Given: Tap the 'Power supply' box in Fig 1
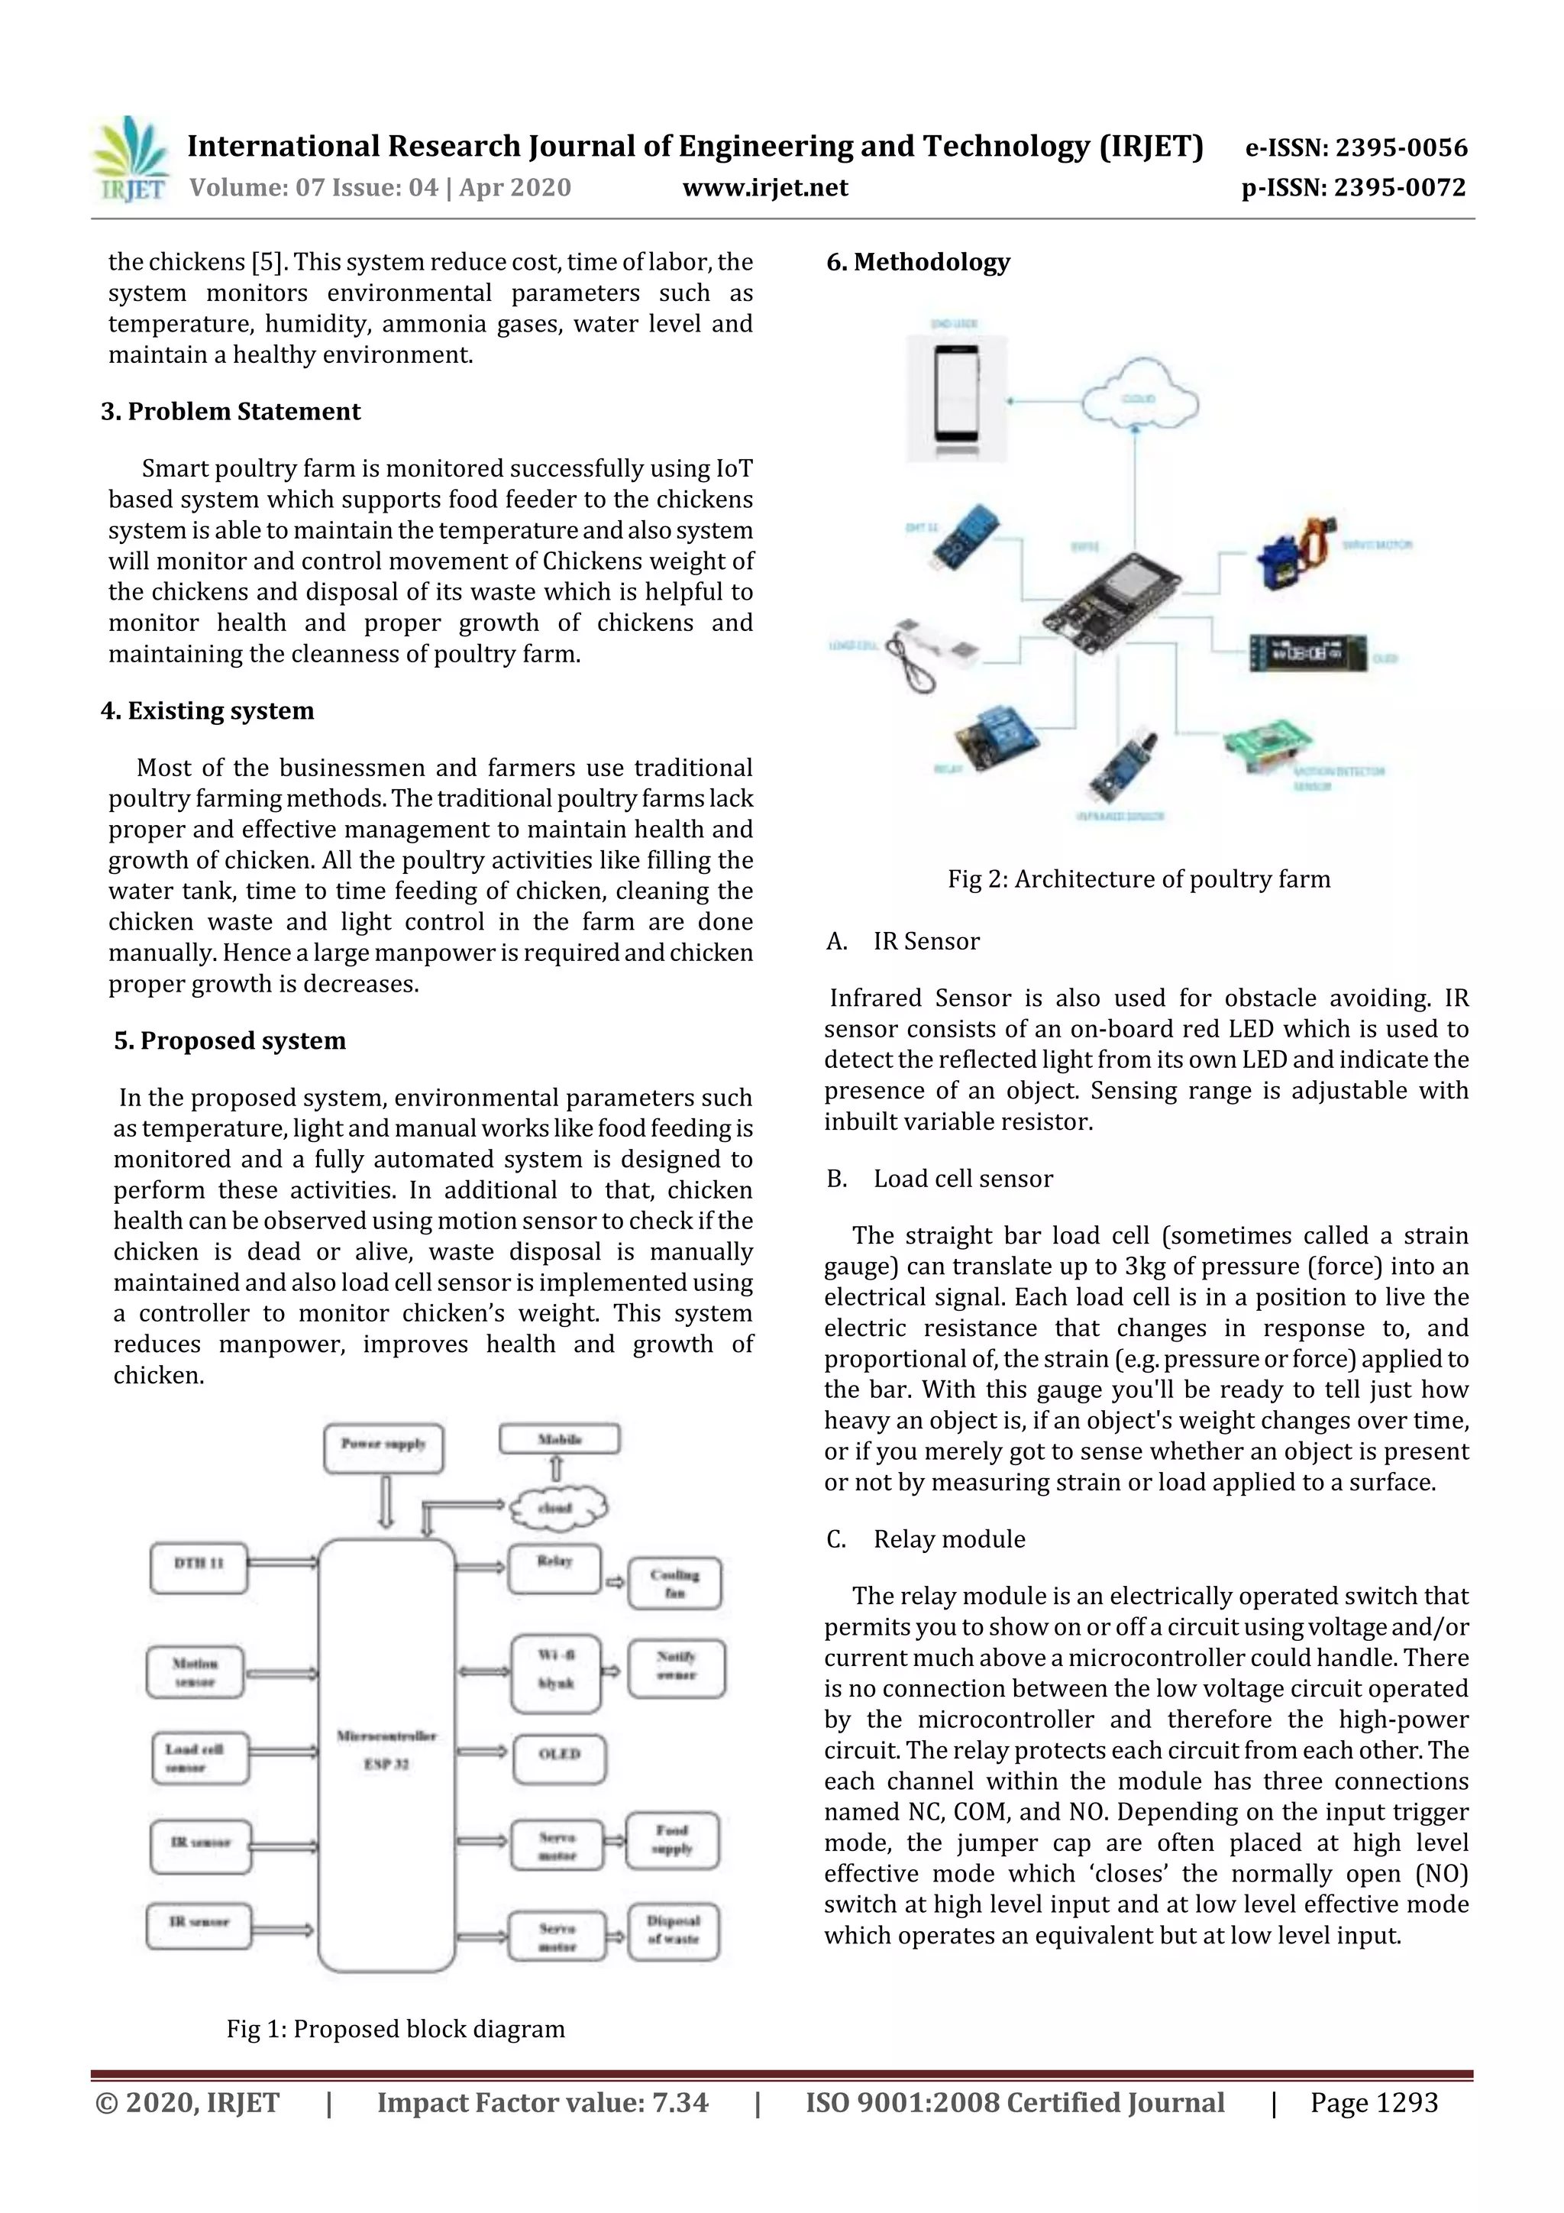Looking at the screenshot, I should (x=383, y=1448).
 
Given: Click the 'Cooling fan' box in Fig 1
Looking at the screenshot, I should (x=674, y=1583).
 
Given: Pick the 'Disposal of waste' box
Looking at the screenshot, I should (x=674, y=1930).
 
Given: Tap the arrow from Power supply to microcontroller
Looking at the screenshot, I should (x=386, y=1502).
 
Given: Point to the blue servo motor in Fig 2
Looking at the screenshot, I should (x=1295, y=552).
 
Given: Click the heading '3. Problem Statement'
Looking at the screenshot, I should (x=231, y=412).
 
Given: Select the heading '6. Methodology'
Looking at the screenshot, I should (x=919, y=262).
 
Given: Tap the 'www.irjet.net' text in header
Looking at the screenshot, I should (x=765, y=188).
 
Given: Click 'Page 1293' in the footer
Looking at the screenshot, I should (x=1373, y=2103).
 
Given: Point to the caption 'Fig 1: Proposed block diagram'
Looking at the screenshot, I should (x=395, y=2029).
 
